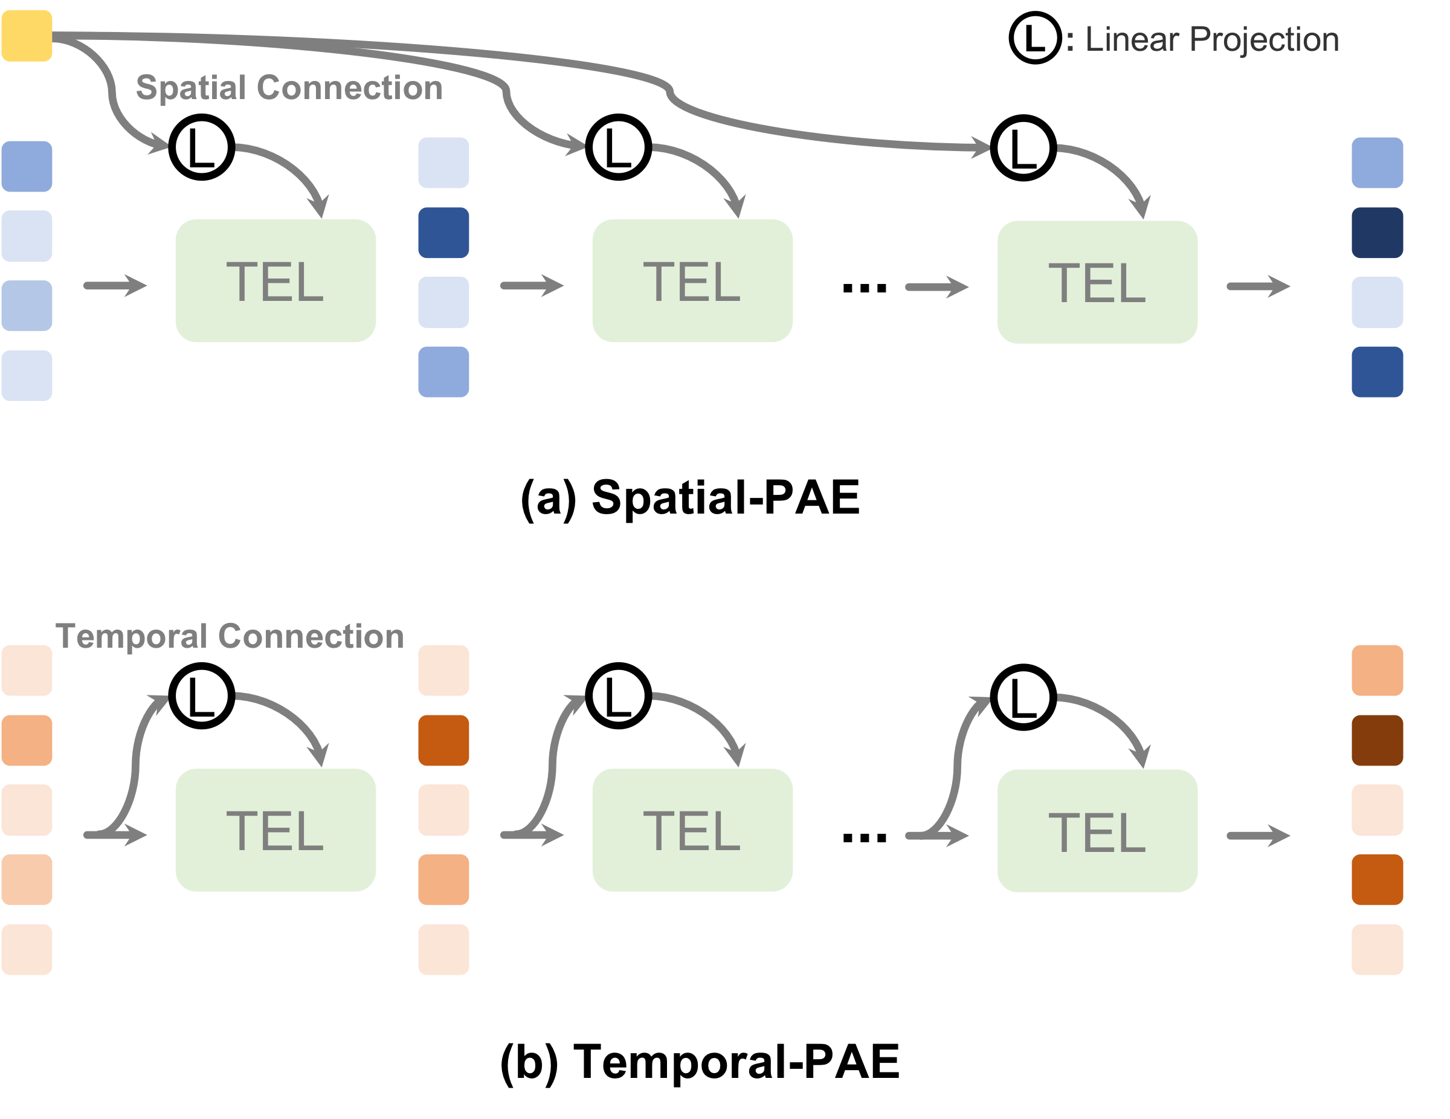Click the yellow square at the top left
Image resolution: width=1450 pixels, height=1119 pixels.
tap(27, 36)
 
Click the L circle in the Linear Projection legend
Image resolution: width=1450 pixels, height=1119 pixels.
tap(1035, 38)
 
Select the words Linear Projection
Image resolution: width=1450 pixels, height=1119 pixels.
tap(1211, 39)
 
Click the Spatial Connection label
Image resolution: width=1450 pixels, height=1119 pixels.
tap(289, 88)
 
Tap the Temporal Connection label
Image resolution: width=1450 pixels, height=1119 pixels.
tap(230, 636)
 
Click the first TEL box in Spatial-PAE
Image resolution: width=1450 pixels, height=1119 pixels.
tap(275, 281)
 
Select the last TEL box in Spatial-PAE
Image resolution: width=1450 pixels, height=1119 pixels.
tap(1097, 282)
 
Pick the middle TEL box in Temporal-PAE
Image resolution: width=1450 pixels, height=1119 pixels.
tap(692, 830)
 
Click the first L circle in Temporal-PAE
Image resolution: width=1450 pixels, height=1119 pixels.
tap(202, 695)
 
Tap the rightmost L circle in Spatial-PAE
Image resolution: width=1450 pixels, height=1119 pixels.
tap(1023, 148)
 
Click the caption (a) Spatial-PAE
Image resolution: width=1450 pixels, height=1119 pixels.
tap(690, 497)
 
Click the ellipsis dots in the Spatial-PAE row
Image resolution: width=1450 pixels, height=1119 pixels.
tap(865, 288)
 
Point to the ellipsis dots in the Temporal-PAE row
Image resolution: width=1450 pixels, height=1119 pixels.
tap(865, 837)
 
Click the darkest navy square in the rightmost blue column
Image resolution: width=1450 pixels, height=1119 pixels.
tap(1377, 233)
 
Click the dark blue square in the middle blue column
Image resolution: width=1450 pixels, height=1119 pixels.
tap(443, 233)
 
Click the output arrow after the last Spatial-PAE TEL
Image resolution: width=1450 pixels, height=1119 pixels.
tap(1257, 286)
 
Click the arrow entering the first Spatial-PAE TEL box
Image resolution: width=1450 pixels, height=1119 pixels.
tap(115, 286)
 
